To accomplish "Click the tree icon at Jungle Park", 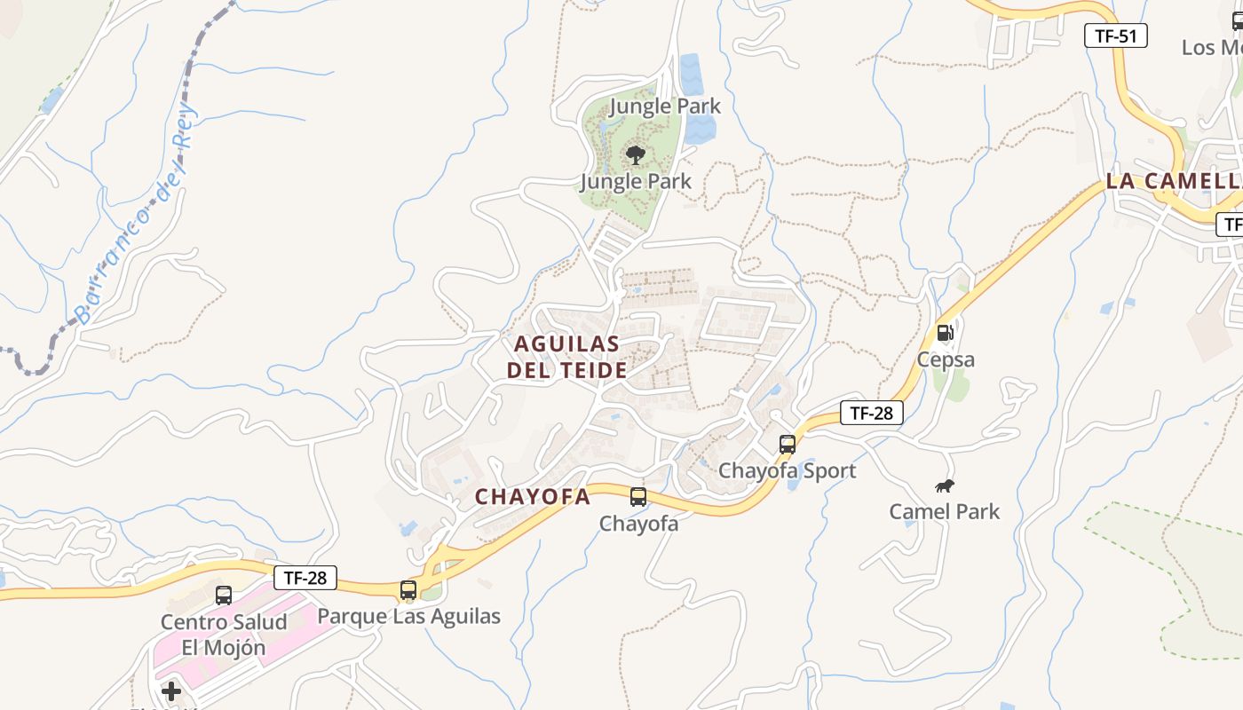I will [635, 155].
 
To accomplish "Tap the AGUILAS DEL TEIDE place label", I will [567, 357].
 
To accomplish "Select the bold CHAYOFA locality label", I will [533, 497].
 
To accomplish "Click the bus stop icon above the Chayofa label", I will [638, 497].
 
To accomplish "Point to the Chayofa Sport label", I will [787, 470].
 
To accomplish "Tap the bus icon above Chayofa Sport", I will [788, 445].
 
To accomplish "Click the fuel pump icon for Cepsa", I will [946, 333].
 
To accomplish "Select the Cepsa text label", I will [946, 359].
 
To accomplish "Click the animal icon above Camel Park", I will [945, 485].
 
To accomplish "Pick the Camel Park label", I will [945, 511].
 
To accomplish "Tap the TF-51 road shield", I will [1116, 35].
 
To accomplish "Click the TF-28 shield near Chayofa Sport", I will [871, 413].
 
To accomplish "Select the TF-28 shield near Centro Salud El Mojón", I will [305, 578].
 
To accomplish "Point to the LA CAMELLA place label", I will [1173, 181].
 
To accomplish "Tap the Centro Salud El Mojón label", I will [224, 635].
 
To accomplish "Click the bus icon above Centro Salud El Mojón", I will [224, 596].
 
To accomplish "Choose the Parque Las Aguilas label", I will [408, 616].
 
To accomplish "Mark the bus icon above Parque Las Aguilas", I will [408, 590].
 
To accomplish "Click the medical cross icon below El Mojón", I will [171, 690].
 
